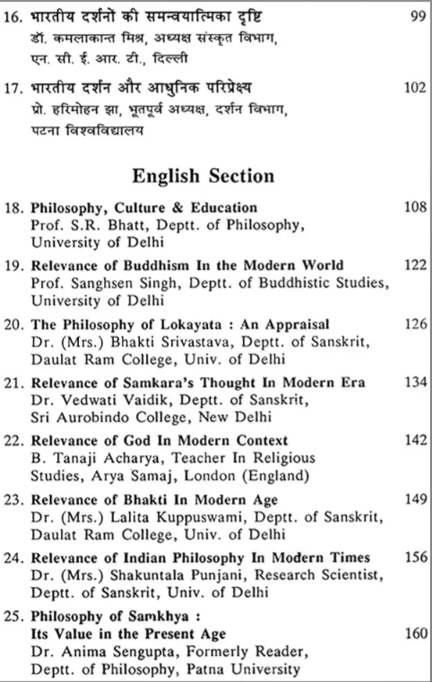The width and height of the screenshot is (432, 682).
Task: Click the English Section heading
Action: coord(216,175)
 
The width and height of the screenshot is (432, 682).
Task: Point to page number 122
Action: coord(406,265)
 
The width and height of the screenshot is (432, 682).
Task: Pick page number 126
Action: coord(406,322)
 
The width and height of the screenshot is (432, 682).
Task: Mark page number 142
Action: coord(406,441)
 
